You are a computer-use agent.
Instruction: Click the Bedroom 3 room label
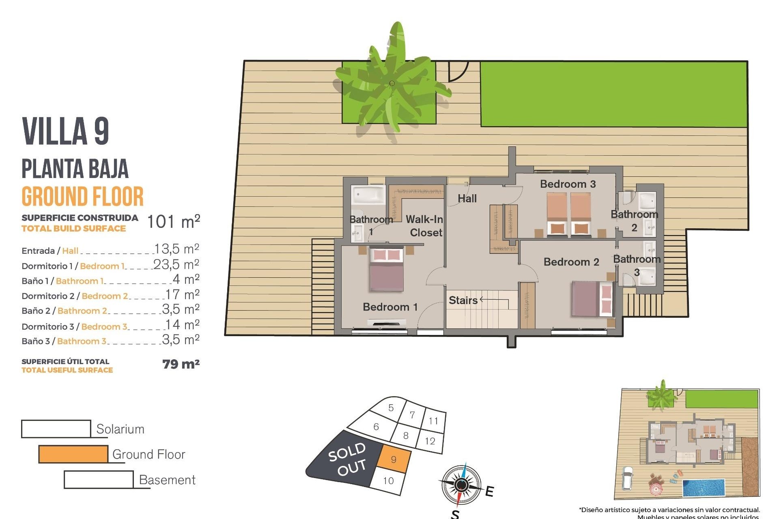pos(568,184)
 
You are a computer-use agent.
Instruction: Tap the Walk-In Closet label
pos(424,226)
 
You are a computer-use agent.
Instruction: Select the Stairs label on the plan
pos(463,300)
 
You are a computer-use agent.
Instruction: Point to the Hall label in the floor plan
pos(467,199)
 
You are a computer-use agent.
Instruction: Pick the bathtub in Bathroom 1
pos(368,195)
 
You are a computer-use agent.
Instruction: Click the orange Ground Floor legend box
pos(73,454)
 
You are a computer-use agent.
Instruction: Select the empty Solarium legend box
pos(56,429)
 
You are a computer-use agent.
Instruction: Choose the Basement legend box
pos(99,480)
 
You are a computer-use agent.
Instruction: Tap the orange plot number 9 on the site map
pos(393,459)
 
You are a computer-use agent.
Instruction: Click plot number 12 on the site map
pos(430,441)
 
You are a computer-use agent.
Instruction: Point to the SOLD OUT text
pos(348,459)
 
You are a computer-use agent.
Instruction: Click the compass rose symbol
pos(461,485)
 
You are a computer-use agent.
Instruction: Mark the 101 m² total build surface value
pos(173,222)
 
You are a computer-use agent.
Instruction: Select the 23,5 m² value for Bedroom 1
pos(176,264)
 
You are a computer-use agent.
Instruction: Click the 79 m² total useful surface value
pos(181,364)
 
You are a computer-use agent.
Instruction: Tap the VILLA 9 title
pos(65,131)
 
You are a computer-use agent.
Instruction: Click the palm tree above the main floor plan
pos(392,83)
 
